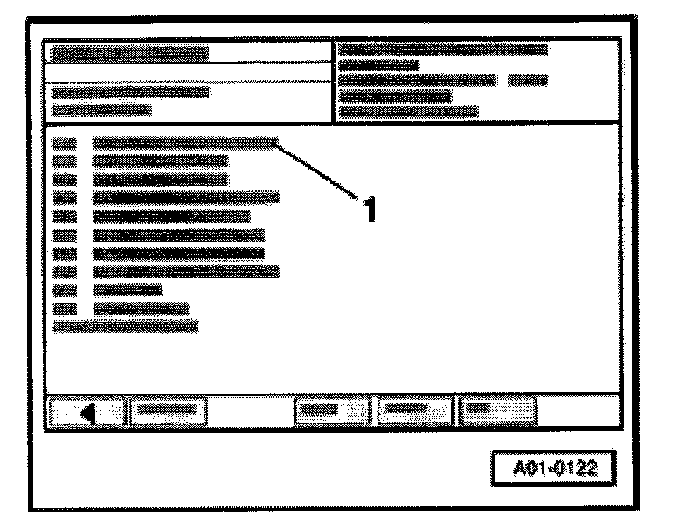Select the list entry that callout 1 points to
click(x=185, y=142)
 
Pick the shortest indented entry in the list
click(x=127, y=289)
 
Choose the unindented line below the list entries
click(x=126, y=325)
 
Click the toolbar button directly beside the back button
click(x=169, y=411)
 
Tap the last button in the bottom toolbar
click(x=496, y=411)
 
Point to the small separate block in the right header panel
click(x=529, y=80)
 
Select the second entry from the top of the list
click(x=161, y=161)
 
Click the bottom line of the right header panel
click(x=408, y=112)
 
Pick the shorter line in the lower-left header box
click(x=101, y=110)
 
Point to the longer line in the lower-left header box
click(x=130, y=92)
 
